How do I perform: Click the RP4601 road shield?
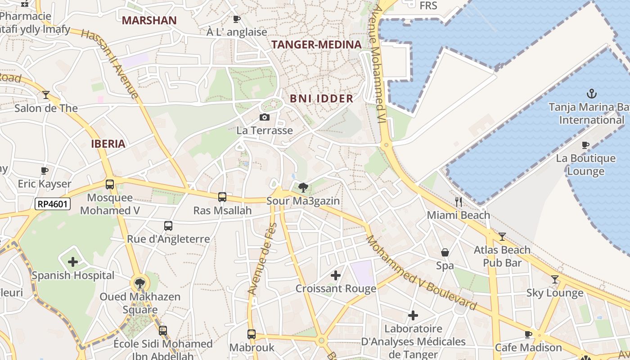(53, 204)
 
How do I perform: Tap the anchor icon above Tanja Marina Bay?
(592, 94)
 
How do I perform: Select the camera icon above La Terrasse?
(265, 117)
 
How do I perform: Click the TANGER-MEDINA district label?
(316, 45)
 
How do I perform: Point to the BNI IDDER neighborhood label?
(321, 99)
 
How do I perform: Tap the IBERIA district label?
(108, 144)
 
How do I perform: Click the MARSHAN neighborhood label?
(149, 20)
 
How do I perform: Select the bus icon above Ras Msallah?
(222, 197)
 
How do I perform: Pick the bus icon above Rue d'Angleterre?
(168, 226)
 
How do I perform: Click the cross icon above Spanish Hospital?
(73, 262)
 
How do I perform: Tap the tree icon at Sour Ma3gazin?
(303, 188)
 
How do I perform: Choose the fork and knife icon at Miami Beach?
(459, 202)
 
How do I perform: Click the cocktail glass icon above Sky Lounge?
(555, 279)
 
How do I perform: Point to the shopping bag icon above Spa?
(445, 252)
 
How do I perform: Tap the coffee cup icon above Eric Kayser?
(45, 171)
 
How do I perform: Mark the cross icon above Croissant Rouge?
(336, 275)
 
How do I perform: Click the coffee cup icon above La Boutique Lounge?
(585, 145)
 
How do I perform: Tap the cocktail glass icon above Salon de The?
(46, 94)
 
